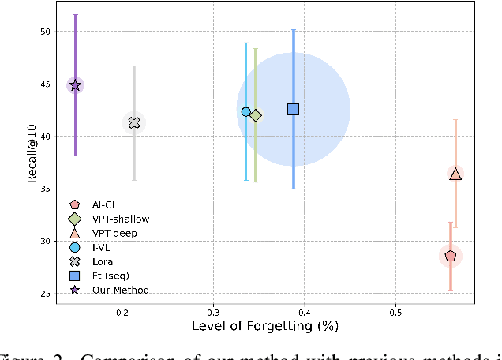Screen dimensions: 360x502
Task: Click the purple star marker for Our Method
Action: coord(75,85)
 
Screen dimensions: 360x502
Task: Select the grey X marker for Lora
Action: coord(134,122)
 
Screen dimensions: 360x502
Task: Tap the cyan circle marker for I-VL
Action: coord(245,112)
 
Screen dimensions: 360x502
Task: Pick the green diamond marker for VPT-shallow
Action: coord(255,115)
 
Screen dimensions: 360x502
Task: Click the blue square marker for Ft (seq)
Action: coord(293,109)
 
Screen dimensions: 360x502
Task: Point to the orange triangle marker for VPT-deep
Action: coord(455,174)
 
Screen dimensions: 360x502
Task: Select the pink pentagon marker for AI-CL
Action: coord(451,256)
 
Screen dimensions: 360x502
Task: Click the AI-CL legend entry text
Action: coord(104,204)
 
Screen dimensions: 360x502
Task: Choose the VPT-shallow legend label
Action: coord(121,219)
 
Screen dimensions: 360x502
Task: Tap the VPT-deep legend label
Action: coord(115,233)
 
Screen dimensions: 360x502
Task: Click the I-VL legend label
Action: coord(101,247)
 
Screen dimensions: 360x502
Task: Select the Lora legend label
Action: coord(102,261)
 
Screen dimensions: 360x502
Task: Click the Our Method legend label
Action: coord(120,290)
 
